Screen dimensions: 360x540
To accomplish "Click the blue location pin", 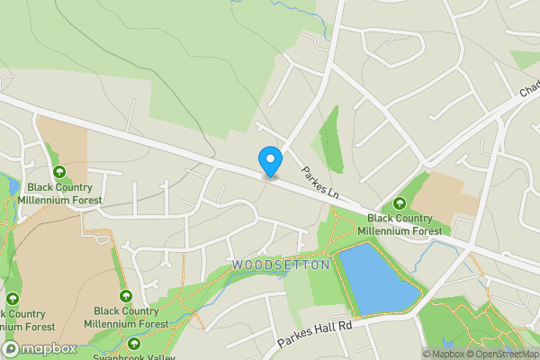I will coord(270,160).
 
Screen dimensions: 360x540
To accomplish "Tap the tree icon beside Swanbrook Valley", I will coord(134,343).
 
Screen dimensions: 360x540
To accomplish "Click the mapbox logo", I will coord(38,348).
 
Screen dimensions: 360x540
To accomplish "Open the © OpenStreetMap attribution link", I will coord(504,354).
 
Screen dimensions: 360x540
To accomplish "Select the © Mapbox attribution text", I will coord(446,354).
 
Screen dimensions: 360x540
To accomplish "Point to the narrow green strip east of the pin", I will coord(330,139).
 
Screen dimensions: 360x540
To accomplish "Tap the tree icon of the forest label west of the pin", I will coord(58,171).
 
